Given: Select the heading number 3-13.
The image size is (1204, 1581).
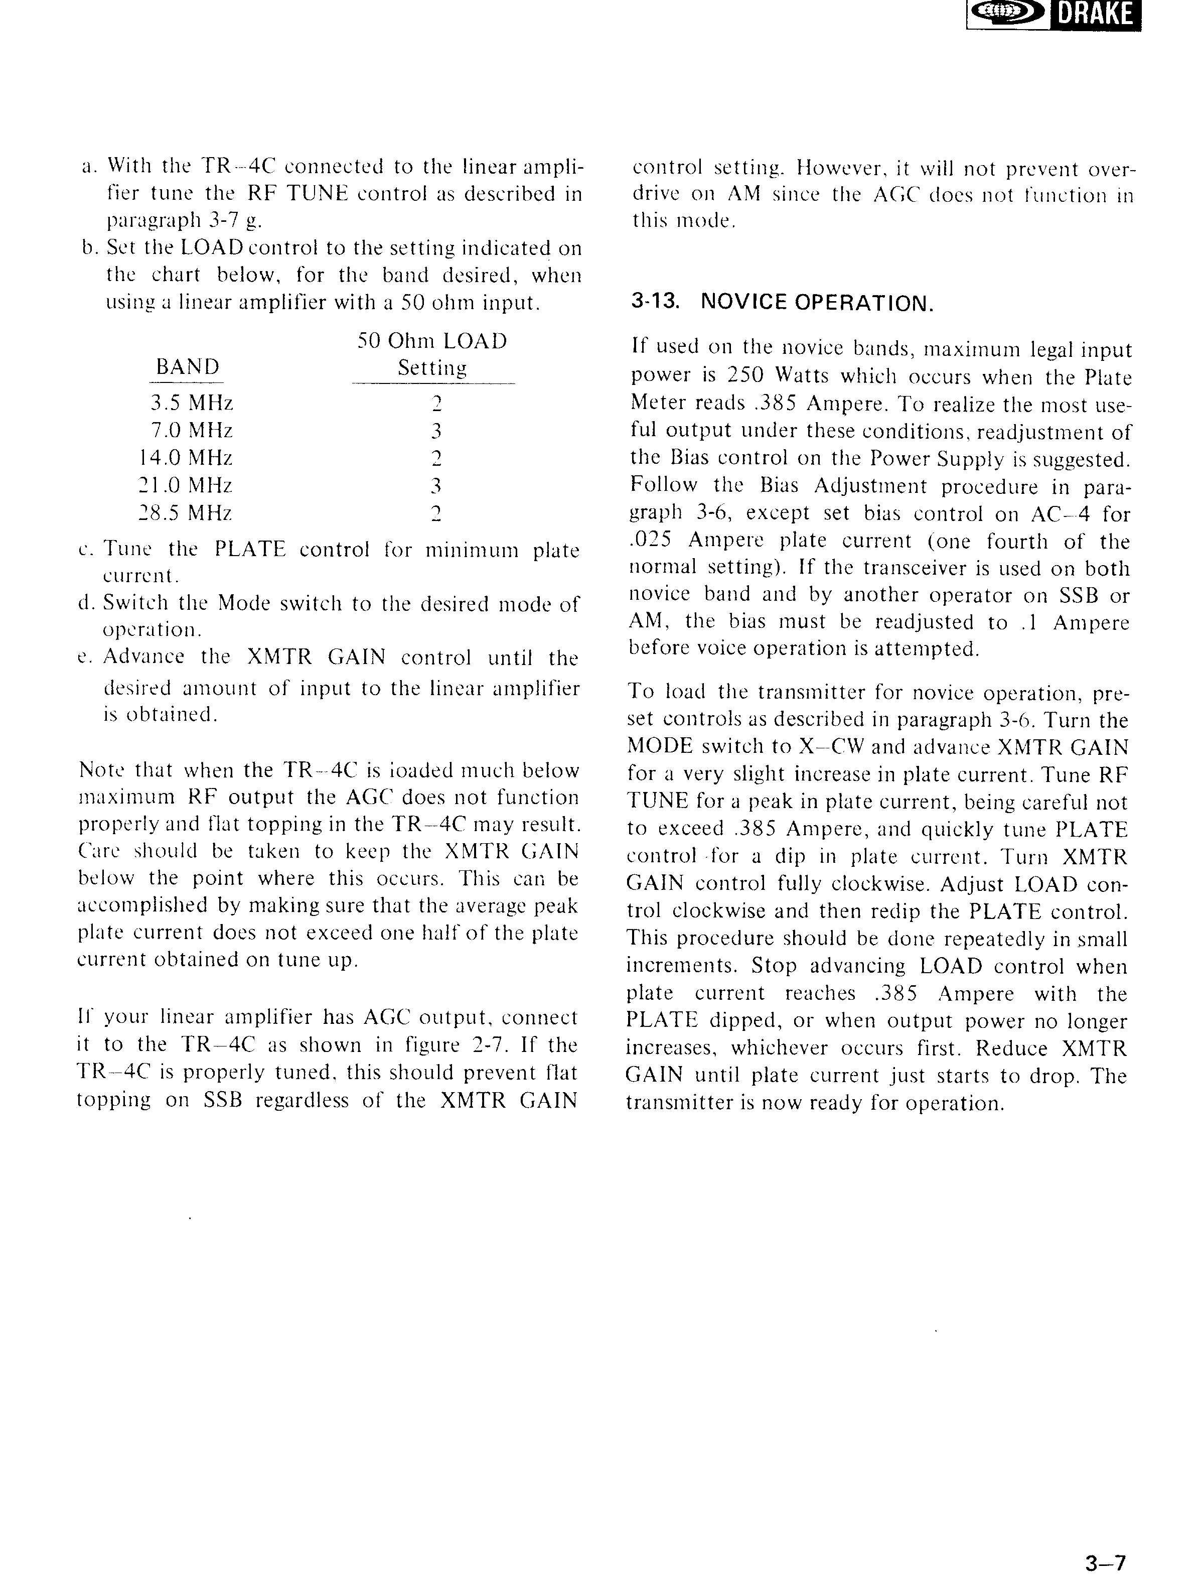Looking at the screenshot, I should [654, 302].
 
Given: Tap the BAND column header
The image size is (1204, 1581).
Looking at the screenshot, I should [188, 367].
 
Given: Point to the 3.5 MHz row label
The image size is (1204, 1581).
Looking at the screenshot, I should [191, 403].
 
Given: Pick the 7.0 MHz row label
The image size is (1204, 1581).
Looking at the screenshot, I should [191, 430].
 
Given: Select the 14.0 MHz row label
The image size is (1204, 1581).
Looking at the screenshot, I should [186, 457].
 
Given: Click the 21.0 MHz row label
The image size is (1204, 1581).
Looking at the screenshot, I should [186, 485].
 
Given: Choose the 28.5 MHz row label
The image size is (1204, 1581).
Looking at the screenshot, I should [186, 512].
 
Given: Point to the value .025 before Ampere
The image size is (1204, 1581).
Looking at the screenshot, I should [651, 540].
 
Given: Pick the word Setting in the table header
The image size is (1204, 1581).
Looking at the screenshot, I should [432, 368].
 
